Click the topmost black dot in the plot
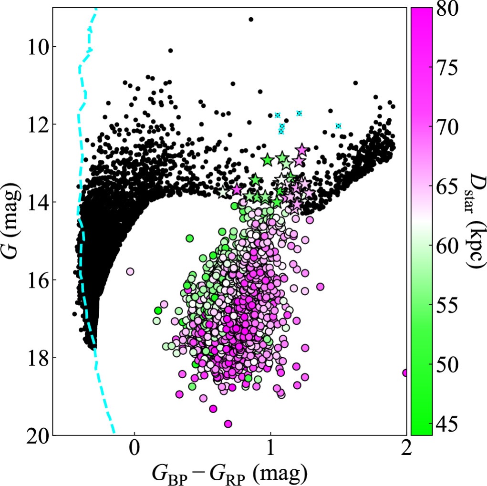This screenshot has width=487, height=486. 251,19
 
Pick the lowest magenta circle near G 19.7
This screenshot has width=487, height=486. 228,424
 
